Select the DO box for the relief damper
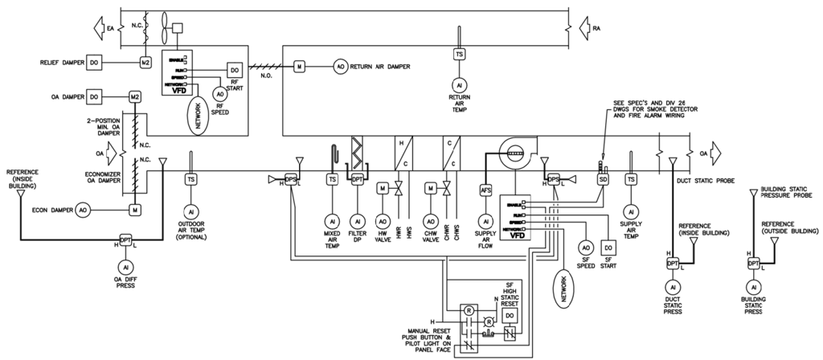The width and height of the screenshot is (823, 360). coord(94,62)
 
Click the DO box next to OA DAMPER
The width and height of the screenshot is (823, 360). coord(94,96)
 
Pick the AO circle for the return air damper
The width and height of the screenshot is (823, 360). coord(340,67)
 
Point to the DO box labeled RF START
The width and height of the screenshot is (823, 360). coord(235,71)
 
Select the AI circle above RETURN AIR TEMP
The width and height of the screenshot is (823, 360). coord(459,84)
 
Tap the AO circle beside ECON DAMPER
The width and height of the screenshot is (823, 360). coord(83,211)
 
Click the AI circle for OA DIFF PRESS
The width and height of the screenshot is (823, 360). coord(125,266)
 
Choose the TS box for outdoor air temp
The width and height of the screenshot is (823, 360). coord(191,179)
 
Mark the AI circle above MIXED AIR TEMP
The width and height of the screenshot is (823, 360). coord(331,220)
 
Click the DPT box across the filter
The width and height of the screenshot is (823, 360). coord(358,180)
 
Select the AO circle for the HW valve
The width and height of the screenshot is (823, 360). coord(383,220)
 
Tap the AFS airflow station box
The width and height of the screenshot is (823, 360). coord(485,190)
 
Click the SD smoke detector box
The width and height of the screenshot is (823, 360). coord(603,180)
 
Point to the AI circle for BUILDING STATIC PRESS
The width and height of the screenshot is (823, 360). coord(753,288)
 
